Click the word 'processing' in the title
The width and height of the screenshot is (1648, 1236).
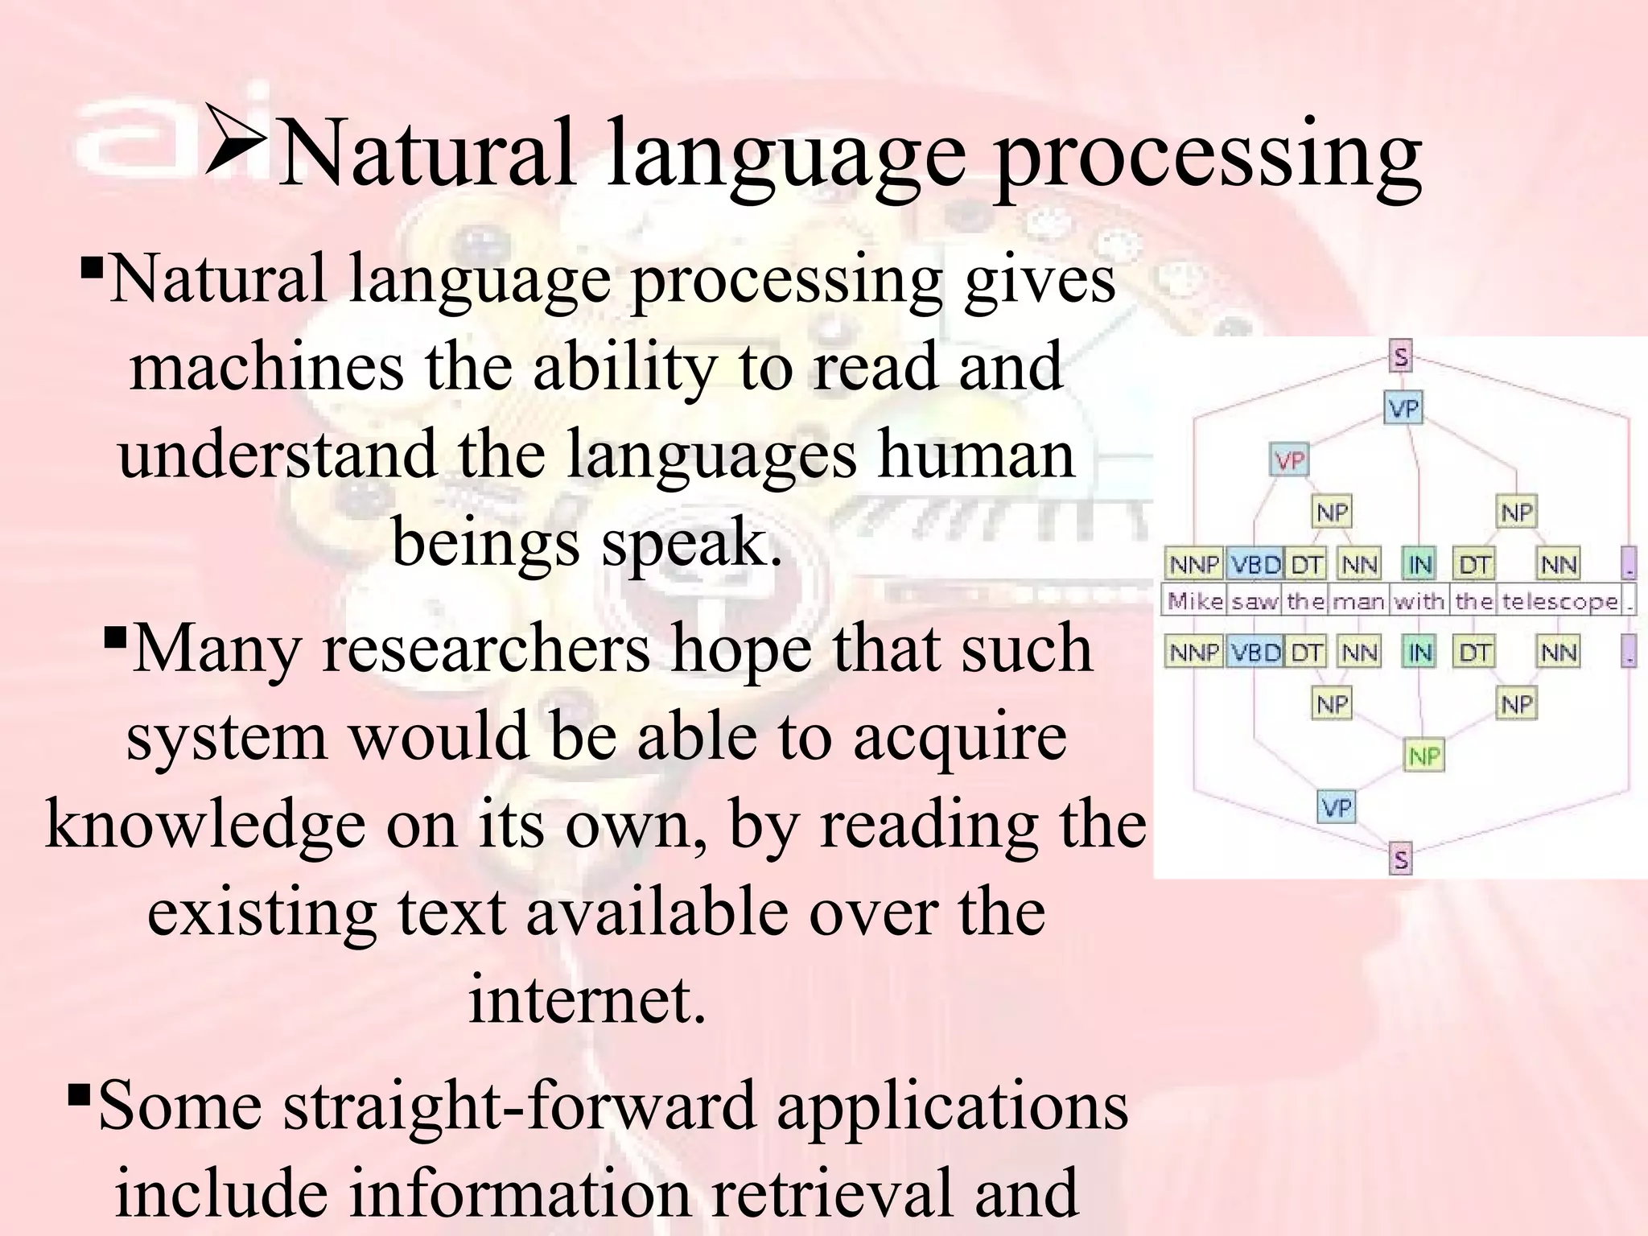1208,154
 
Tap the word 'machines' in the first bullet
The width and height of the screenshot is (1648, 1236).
266,367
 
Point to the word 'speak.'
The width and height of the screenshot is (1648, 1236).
691,542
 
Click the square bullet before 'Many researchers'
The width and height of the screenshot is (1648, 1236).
116,641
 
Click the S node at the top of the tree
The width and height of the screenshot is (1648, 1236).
1401,356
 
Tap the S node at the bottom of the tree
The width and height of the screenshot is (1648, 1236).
1401,859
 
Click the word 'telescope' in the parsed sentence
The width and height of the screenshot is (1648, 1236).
1559,601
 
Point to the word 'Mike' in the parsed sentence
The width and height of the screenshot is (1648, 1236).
1194,601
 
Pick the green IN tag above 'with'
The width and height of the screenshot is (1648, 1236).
1420,565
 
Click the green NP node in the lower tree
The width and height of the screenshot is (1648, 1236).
1424,756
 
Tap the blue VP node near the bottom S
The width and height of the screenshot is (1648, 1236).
1337,807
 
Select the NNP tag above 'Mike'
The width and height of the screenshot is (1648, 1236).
1194,565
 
